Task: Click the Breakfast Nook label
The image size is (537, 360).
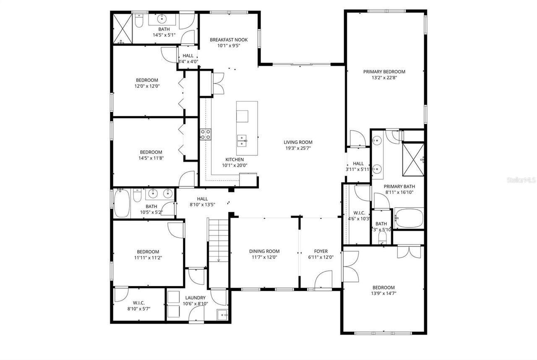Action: pos(229,40)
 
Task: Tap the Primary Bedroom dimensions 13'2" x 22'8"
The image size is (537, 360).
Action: pos(384,78)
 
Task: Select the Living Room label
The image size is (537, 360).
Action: pos(298,142)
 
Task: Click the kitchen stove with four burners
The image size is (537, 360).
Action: pos(205,134)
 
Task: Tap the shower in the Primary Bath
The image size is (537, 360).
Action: pos(413,160)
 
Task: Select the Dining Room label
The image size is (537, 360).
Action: pos(264,251)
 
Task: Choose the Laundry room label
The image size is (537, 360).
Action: pos(194,298)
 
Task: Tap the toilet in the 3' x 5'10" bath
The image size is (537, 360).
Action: pos(382,237)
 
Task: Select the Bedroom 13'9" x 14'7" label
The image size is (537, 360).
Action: pos(383,287)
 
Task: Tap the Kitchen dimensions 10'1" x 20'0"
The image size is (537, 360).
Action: pos(235,165)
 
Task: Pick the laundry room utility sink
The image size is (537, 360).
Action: pos(222,314)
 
